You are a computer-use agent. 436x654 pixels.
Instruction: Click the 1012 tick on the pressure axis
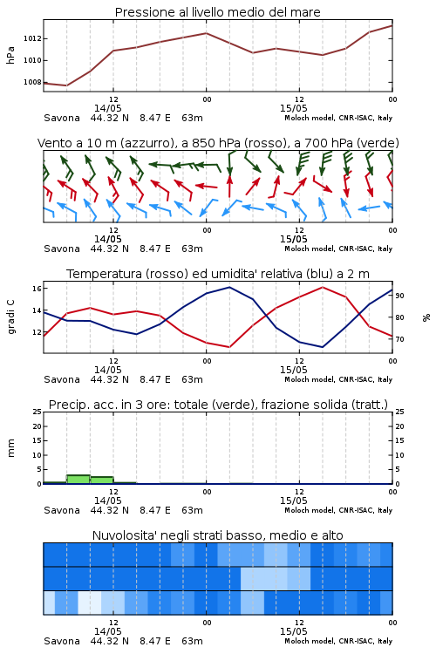(32, 38)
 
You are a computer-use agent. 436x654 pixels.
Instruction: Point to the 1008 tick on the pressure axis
(32, 82)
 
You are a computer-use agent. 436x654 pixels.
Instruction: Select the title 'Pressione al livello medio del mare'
(218, 12)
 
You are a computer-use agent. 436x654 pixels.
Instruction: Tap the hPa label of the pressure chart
(10, 55)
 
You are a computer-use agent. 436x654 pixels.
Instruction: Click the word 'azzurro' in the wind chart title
(146, 143)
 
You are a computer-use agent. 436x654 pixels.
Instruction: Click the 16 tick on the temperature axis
(37, 289)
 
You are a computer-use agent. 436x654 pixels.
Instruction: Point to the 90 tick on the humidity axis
(399, 296)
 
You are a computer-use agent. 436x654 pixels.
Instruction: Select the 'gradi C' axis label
(10, 317)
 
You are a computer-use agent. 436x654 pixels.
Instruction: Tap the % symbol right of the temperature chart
(426, 317)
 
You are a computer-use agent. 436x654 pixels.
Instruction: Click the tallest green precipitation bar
(78, 480)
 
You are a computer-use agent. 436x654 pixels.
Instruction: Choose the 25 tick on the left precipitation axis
(37, 412)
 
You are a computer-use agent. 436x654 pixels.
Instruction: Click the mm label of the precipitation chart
(10, 448)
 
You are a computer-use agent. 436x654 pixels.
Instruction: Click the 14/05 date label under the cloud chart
(107, 631)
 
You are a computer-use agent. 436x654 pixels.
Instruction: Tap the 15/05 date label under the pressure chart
(293, 108)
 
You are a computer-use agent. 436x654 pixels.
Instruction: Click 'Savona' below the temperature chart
(62, 379)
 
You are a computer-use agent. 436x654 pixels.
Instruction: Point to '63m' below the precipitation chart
(193, 510)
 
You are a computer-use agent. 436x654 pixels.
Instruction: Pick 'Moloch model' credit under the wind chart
(310, 249)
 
